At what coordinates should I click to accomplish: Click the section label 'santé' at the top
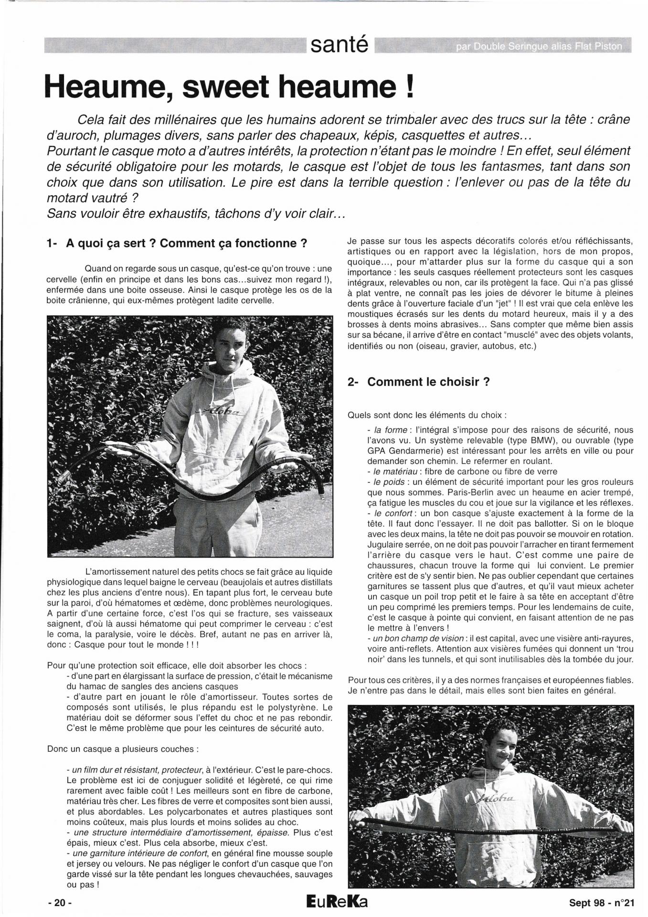[340, 45]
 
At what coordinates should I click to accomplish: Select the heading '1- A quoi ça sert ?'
[177, 244]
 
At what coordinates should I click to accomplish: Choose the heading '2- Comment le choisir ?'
[419, 382]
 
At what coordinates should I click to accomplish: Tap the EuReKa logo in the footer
[338, 902]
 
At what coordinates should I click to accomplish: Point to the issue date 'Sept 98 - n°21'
[601, 903]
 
